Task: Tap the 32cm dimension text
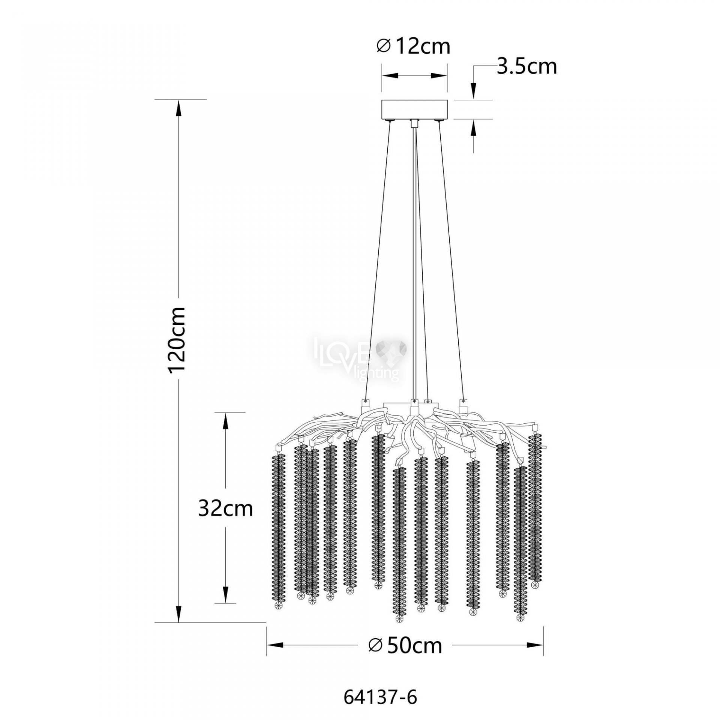pyautogui.click(x=225, y=509)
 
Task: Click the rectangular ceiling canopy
pyautogui.click(x=414, y=110)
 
